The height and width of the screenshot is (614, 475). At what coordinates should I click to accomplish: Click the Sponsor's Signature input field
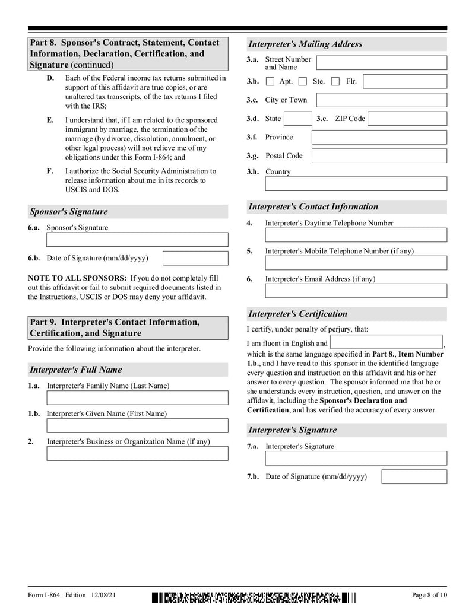(137, 240)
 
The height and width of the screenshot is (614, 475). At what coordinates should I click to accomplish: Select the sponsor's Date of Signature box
(195, 258)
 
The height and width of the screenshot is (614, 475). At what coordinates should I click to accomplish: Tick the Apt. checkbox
(270, 82)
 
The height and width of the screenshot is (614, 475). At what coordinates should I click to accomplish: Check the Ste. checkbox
(303, 82)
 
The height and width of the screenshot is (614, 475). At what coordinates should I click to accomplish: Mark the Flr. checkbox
(335, 82)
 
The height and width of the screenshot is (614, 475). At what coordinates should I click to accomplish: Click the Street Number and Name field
(381, 63)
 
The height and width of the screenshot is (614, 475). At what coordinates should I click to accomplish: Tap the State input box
(297, 119)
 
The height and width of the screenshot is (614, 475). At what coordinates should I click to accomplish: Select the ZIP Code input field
(407, 119)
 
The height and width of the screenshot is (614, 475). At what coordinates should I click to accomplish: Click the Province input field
(379, 138)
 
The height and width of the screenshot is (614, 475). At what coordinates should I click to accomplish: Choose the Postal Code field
(379, 156)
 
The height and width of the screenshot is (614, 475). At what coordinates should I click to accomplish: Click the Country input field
(356, 184)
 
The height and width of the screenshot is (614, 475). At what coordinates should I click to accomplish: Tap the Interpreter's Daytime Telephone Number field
(356, 235)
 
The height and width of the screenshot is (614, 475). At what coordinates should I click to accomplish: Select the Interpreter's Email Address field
(356, 291)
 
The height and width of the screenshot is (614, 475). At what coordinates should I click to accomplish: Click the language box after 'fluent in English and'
(387, 342)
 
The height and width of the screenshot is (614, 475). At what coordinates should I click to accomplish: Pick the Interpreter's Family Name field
(137, 397)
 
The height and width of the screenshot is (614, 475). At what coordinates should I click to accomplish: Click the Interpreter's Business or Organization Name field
(137, 453)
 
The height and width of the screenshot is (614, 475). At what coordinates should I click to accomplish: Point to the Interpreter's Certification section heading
(297, 314)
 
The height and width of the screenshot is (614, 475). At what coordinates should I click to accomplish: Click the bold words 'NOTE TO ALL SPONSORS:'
(77, 278)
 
